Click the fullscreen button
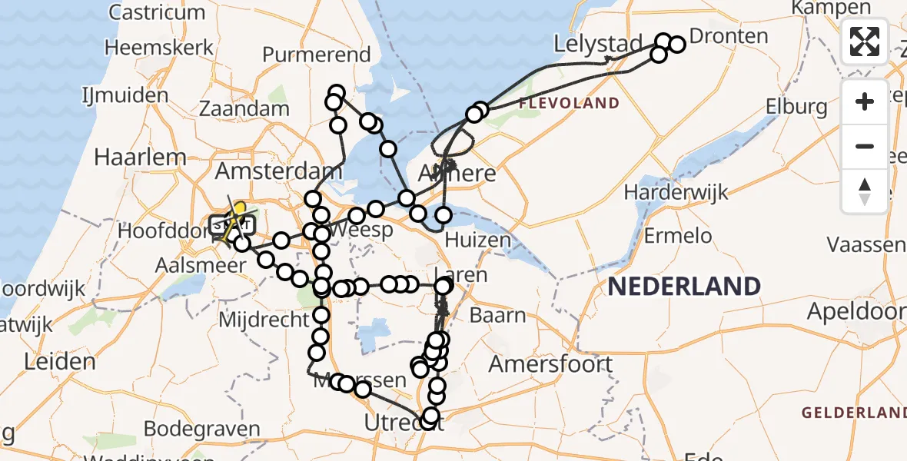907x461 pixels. coord(865,41)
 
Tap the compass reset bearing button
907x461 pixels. coord(865,191)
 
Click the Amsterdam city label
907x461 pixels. coord(278,171)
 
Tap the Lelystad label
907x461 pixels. coord(598,45)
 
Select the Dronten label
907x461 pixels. coord(729,36)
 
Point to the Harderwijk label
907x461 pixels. coord(676,192)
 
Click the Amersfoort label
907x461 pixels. coord(551,363)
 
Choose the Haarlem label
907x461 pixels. coord(140,158)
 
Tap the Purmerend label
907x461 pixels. coord(316,55)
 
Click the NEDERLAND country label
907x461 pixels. coord(684,287)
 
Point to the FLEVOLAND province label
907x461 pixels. coord(569,103)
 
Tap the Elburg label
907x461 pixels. coord(796,107)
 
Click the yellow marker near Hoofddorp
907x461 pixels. coord(239,210)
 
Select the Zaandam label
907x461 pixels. coord(244,109)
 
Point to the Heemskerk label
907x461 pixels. coord(159,47)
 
